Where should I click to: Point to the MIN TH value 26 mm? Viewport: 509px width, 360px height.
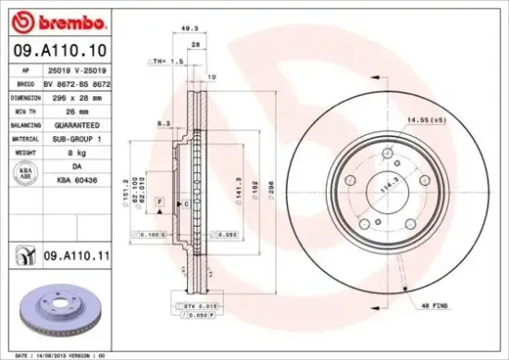[70, 109]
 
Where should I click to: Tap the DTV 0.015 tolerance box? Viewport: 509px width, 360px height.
[188, 304]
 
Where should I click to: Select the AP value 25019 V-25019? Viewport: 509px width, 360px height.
[76, 69]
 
